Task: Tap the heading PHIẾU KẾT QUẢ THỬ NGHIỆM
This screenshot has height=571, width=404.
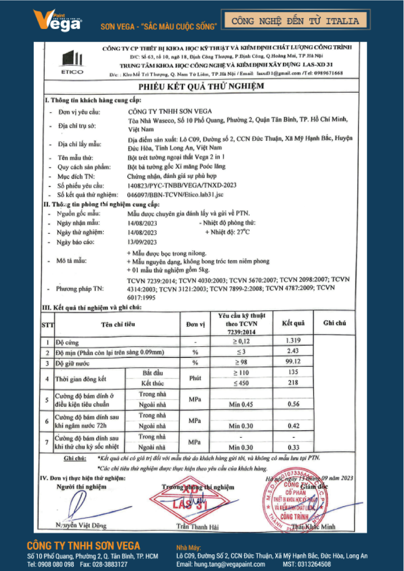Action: pos(201,87)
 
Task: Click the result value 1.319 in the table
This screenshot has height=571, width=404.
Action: pos(293,341)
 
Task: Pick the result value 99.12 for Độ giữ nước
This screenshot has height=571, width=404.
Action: pos(293,362)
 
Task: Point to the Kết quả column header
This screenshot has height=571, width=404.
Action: pos(293,323)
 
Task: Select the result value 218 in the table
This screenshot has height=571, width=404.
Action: pos(293,383)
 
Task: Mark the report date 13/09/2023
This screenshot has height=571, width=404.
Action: pos(142,242)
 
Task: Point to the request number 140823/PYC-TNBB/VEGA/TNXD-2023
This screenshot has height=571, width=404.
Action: pos(182,185)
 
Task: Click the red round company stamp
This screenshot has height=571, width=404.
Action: pos(293,504)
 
